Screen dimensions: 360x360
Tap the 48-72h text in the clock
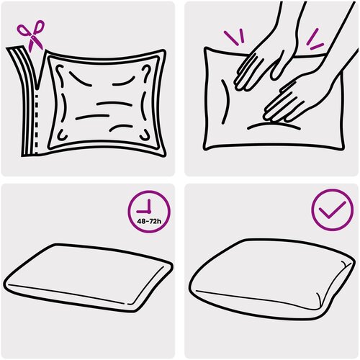click(x=149, y=221)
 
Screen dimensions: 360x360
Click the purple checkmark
click(x=332, y=210)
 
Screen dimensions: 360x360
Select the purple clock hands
click(x=145, y=208)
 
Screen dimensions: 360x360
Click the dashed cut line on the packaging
click(x=37, y=124)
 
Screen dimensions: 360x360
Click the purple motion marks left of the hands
click(x=235, y=37)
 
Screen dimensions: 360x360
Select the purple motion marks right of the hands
click(x=315, y=40)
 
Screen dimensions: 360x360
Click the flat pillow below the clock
click(x=89, y=279)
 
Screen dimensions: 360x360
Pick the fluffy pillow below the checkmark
click(x=271, y=279)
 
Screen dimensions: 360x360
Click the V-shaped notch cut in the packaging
click(x=38, y=72)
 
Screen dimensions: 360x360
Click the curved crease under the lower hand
click(x=274, y=125)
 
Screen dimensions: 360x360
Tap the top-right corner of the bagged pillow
click(x=159, y=57)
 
